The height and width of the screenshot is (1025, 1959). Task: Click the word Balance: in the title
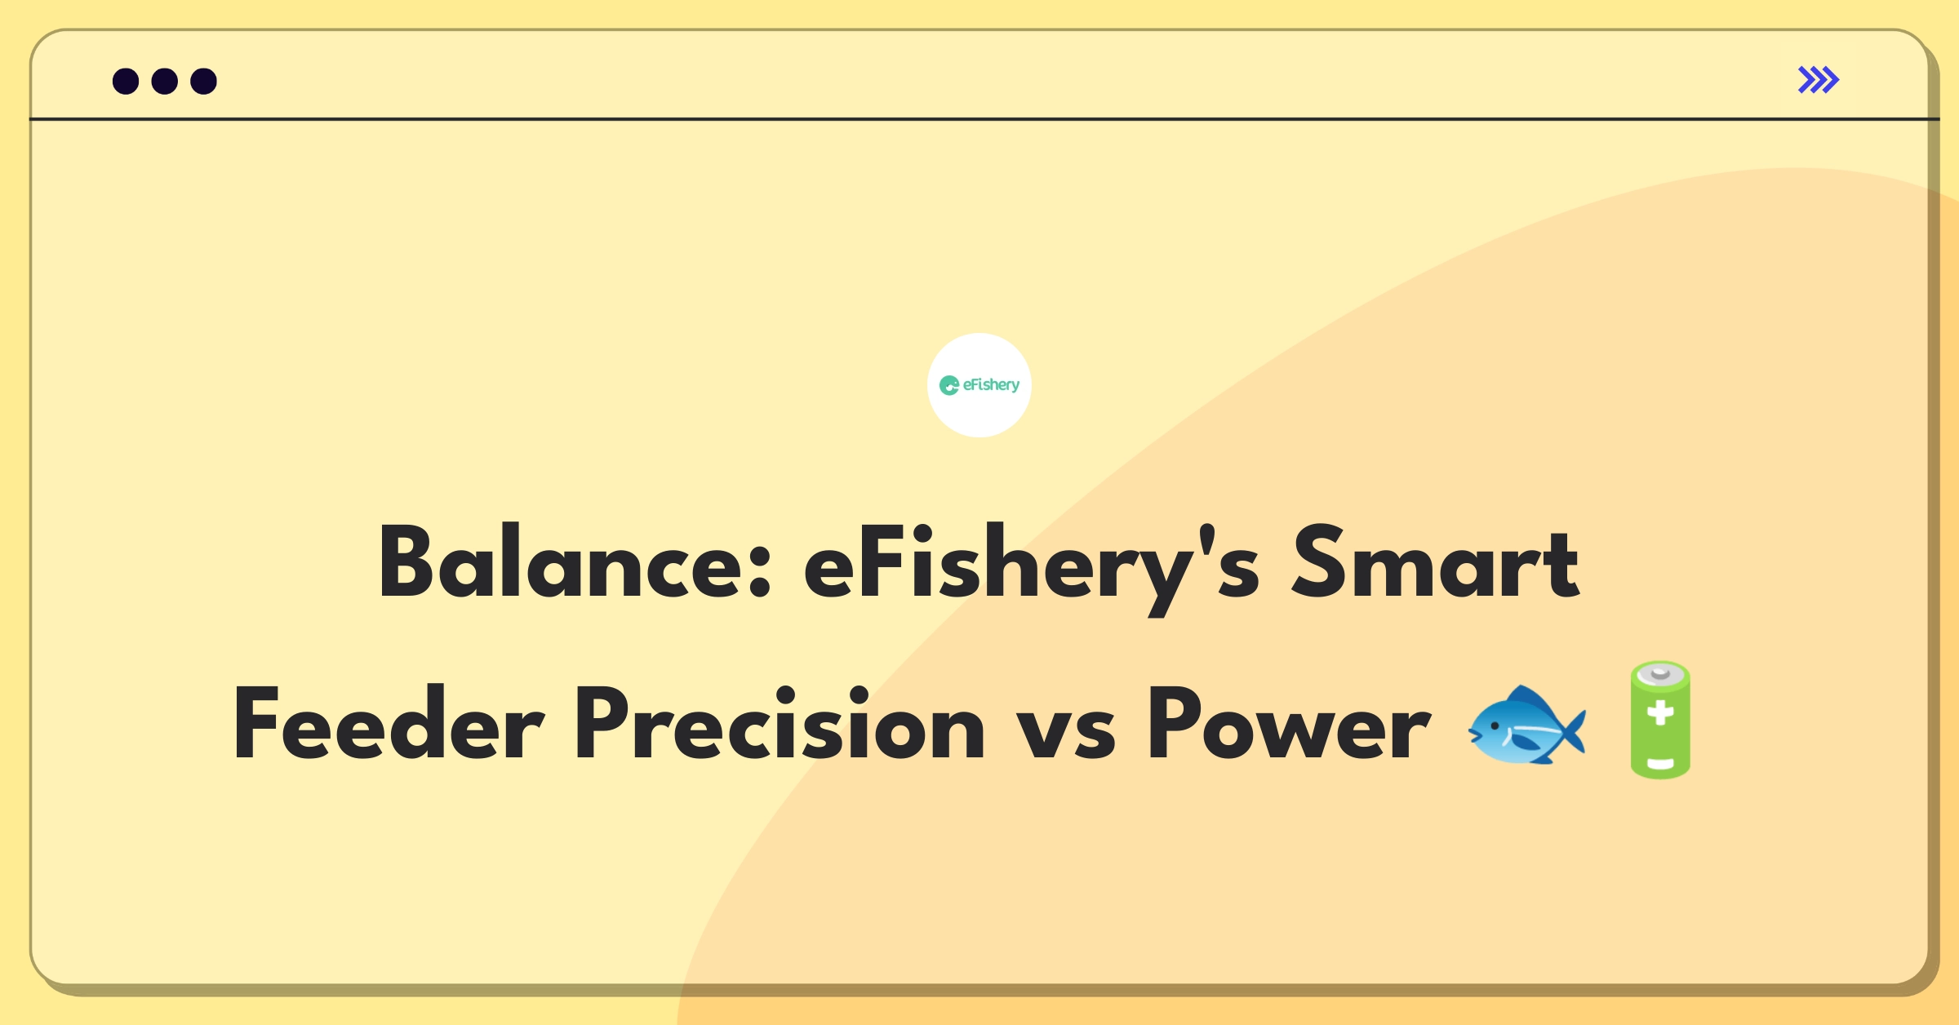[575, 561]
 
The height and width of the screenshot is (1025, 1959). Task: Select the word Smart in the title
[1435, 561]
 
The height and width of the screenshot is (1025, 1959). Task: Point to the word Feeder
[389, 721]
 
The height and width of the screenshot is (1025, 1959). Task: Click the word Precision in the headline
[780, 721]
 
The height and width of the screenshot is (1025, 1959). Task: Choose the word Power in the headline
[1289, 721]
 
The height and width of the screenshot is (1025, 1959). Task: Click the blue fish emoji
[1526, 725]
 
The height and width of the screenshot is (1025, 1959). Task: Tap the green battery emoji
[1660, 720]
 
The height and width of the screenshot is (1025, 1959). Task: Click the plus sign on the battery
[1660, 712]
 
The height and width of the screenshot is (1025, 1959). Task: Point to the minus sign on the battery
[1660, 765]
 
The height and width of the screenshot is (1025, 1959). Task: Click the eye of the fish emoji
[1495, 725]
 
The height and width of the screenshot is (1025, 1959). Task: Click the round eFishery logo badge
[979, 385]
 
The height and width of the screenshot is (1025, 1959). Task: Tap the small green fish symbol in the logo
[949, 385]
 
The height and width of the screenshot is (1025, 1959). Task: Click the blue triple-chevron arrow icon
[1819, 80]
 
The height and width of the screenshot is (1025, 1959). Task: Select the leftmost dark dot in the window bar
[126, 81]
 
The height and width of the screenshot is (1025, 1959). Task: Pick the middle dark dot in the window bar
[165, 81]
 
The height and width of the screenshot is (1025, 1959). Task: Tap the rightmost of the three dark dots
[203, 81]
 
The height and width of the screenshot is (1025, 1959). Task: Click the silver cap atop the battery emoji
[1660, 673]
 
